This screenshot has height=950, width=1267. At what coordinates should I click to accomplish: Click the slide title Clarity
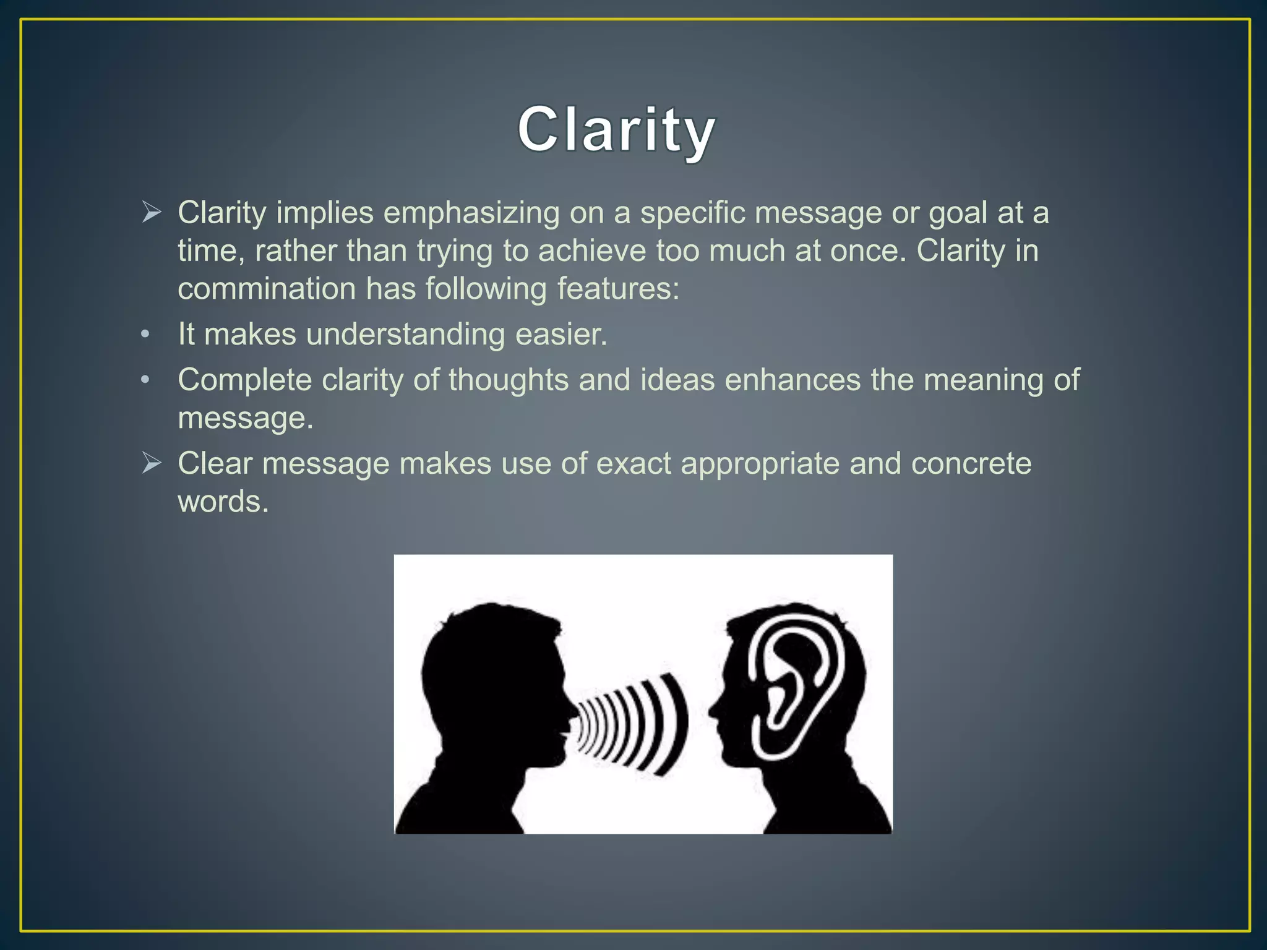point(616,130)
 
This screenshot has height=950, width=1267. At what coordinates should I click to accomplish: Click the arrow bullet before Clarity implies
point(152,212)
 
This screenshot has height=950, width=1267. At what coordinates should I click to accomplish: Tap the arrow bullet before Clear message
point(152,463)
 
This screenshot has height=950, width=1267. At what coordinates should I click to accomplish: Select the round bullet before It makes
point(145,335)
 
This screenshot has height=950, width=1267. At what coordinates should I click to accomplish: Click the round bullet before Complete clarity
point(145,380)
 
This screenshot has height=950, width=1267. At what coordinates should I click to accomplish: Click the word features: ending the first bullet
point(618,289)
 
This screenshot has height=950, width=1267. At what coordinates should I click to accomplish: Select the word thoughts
point(509,380)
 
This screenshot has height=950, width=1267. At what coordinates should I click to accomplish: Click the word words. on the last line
point(223,502)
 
